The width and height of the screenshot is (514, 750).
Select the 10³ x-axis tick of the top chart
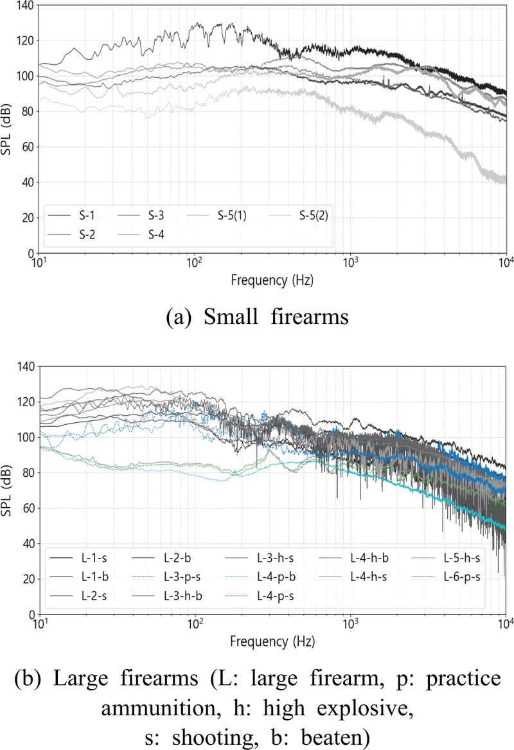click(350, 263)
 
